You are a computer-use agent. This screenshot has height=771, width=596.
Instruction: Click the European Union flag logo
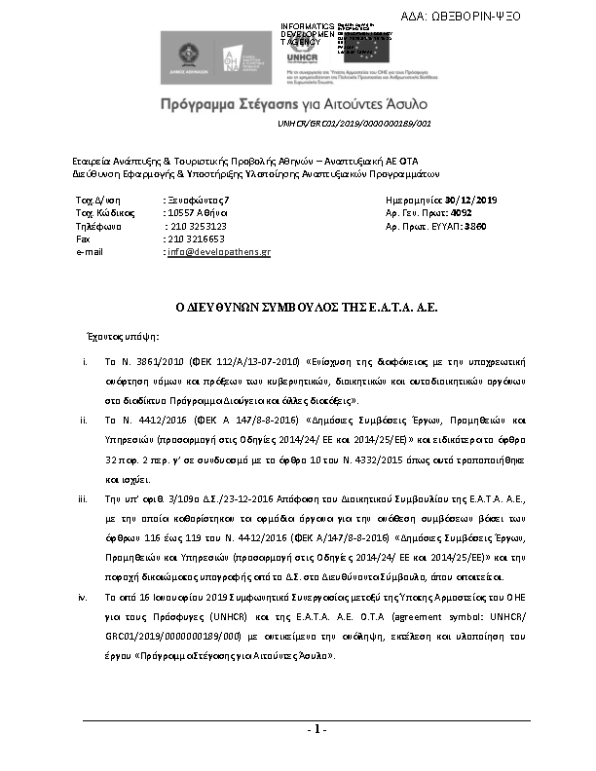[385, 44]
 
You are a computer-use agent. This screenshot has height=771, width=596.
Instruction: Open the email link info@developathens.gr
[219, 251]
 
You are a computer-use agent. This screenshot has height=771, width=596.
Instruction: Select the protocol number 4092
[462, 212]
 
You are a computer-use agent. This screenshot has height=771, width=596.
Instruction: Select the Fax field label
[83, 238]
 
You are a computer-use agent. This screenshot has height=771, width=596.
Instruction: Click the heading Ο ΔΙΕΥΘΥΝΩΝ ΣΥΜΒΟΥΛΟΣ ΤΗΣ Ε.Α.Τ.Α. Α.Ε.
[298, 306]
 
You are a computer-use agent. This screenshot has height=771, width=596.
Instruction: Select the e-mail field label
[90, 251]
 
